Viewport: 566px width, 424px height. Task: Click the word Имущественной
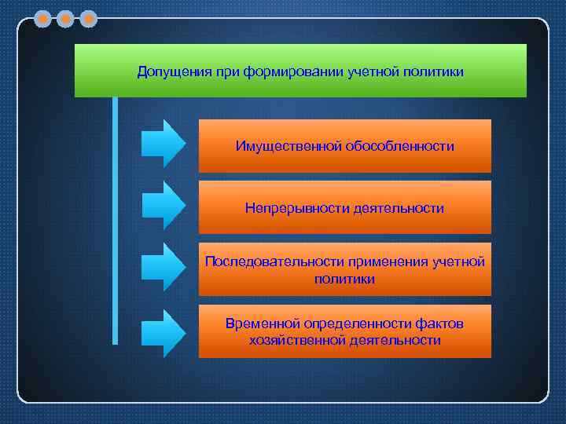tap(285, 146)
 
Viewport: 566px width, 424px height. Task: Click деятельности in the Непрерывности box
tap(399, 208)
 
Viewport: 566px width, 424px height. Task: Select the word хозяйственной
tap(295, 340)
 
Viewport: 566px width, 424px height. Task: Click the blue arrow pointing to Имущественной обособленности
tap(163, 143)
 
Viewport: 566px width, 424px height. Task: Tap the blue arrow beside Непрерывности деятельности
tap(163, 204)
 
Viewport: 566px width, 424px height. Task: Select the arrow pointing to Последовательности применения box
tap(163, 266)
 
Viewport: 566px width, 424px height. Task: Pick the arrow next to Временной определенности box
tap(163, 332)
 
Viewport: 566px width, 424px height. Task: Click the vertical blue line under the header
tap(115, 220)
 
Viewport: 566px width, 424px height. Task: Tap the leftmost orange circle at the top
tap(42, 17)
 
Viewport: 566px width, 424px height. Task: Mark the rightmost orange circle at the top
tap(89, 17)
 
